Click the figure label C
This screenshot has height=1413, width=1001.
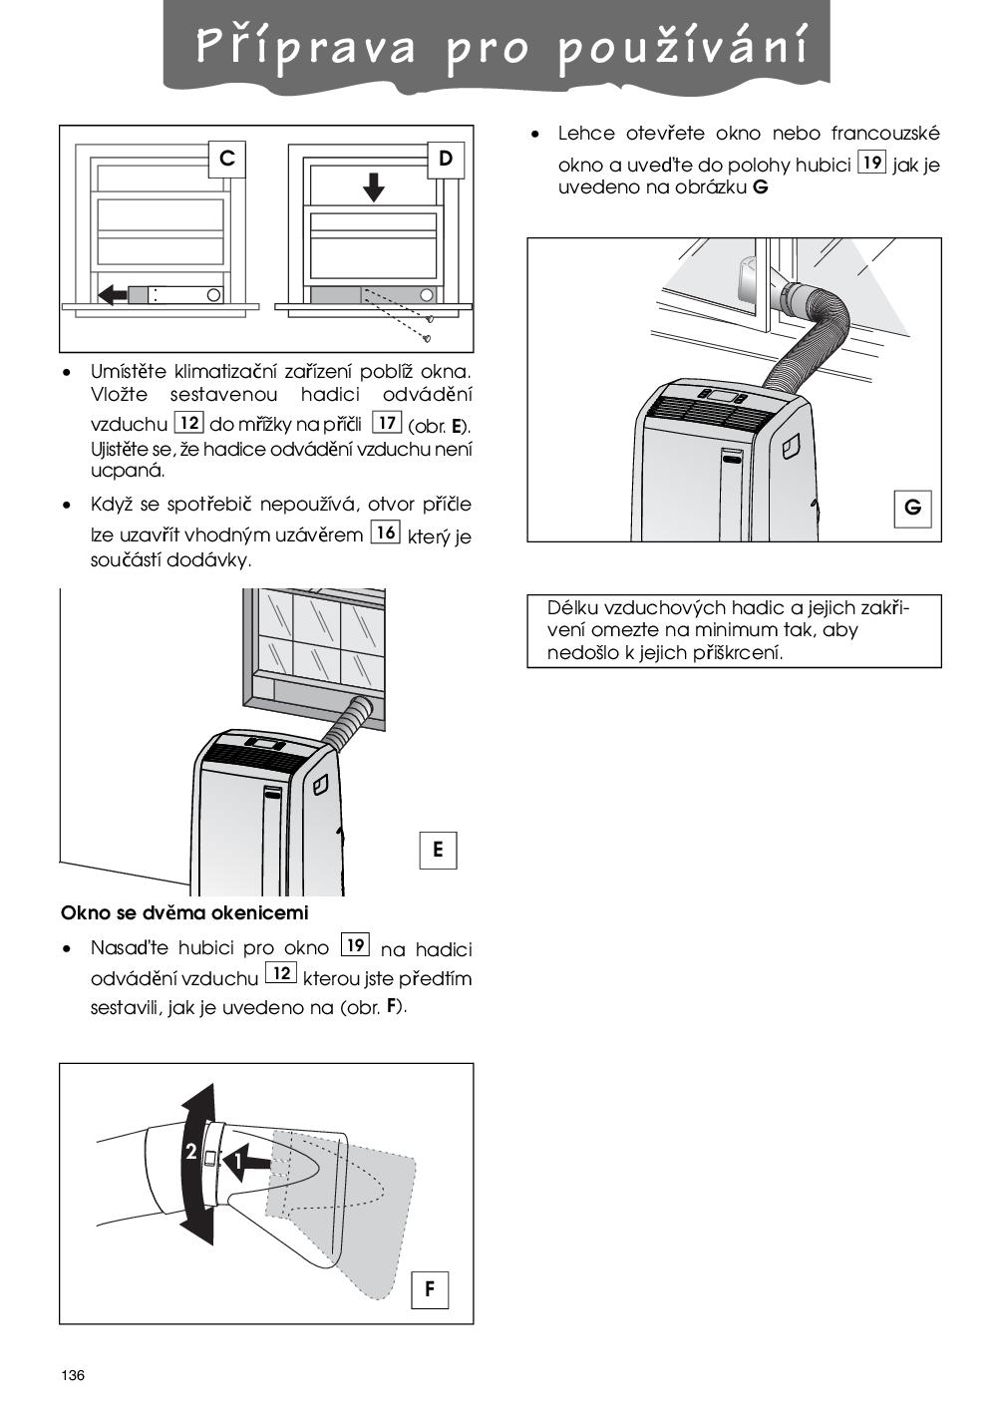[227, 158]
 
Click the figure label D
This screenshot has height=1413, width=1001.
[446, 159]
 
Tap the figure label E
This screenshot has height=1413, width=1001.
[438, 851]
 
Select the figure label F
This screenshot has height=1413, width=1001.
[430, 1289]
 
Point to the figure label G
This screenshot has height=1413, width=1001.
[912, 508]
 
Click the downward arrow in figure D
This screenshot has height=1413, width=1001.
[374, 187]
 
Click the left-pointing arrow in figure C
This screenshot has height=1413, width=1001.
[114, 294]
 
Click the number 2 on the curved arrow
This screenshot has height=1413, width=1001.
[191, 1152]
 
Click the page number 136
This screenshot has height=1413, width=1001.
[73, 1375]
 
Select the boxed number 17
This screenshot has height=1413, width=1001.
[387, 423]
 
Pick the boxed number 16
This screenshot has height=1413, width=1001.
[386, 532]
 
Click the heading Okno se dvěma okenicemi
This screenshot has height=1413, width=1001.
[184, 912]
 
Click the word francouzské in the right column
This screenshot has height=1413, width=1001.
[885, 134]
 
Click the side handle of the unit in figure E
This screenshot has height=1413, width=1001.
[320, 785]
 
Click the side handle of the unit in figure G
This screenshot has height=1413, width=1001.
[791, 446]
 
